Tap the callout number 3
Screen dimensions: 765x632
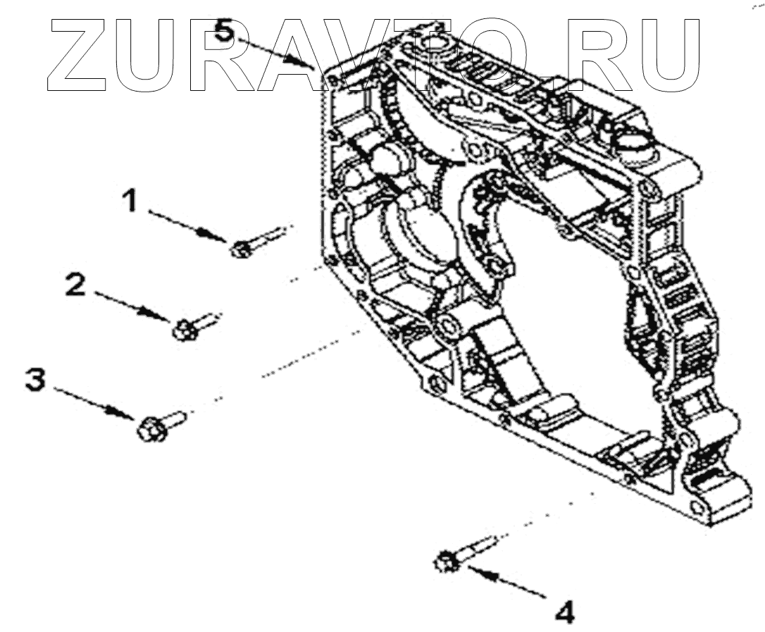click(35, 379)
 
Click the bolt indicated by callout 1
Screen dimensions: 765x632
click(254, 242)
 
